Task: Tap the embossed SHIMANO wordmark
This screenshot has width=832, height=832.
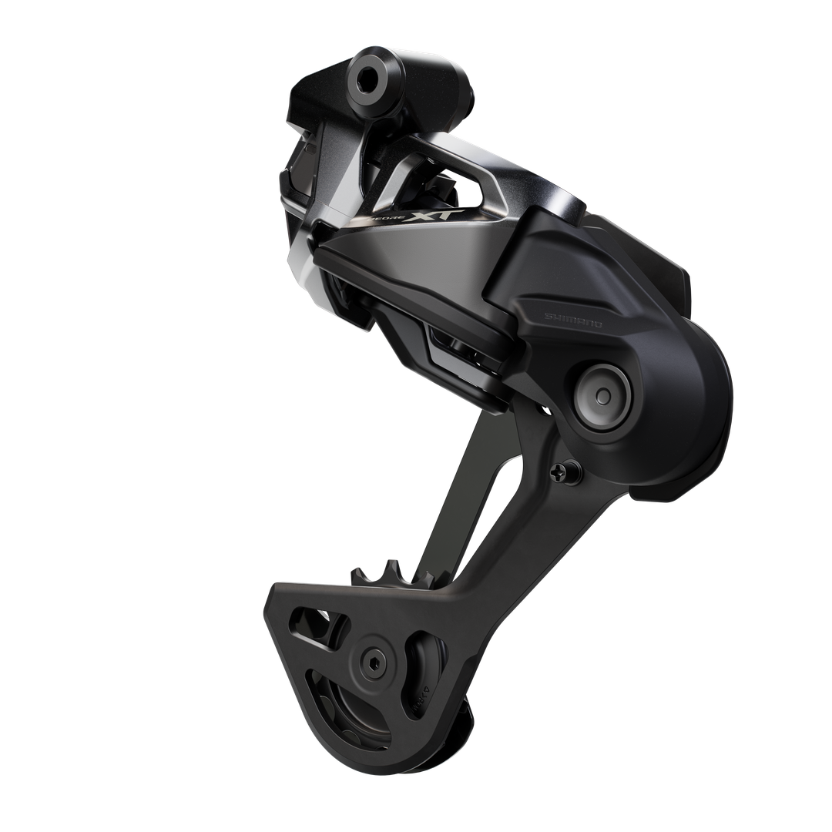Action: [x=573, y=320]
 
